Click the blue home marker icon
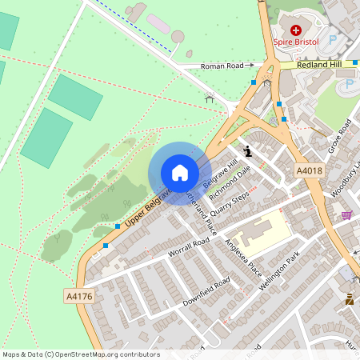click(180, 172)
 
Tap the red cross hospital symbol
click(296, 28)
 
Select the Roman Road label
click(222, 66)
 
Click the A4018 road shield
click(309, 170)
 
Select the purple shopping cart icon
click(346, 214)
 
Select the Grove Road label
click(341, 136)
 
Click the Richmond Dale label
click(230, 182)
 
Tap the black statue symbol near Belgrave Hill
click(248, 150)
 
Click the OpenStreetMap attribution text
click(80, 354)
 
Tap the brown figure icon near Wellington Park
click(349, 300)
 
